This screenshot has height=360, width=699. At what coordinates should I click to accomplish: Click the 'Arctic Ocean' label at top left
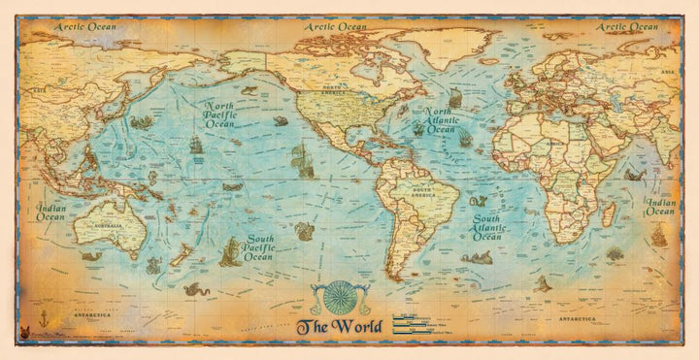click(84, 26)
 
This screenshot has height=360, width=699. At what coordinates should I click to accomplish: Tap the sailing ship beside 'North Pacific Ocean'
click(195, 146)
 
